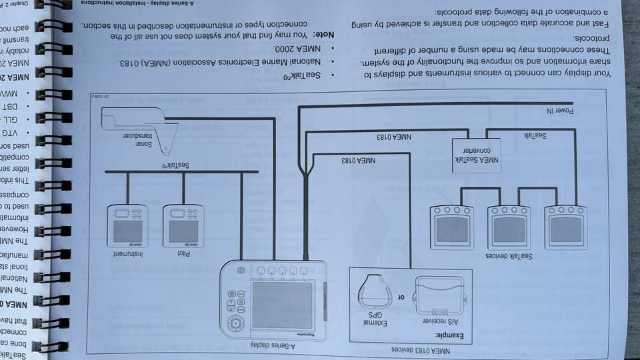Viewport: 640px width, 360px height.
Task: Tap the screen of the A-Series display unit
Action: pyautogui.click(x=283, y=305)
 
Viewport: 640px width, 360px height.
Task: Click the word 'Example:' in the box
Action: pyautogui.click(x=451, y=335)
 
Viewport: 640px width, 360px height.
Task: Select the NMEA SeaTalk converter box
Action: pyautogui.click(x=476, y=155)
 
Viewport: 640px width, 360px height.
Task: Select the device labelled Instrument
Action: pyautogui.click(x=127, y=226)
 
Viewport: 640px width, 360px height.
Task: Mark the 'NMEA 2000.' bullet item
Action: pyautogui.click(x=294, y=49)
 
